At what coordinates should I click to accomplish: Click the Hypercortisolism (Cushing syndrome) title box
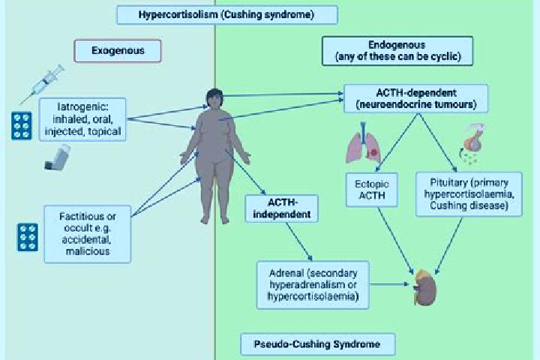coord(227,15)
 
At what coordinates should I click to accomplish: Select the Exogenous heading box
coord(118,51)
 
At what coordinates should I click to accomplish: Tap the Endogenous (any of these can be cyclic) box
coord(397,51)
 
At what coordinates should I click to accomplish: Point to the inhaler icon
coord(58,157)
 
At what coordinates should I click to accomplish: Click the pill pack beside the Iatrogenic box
coord(21,126)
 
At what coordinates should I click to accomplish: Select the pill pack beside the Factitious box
coord(28,237)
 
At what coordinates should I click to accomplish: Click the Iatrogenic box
coord(82,119)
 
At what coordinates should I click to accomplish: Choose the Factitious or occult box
coord(88,234)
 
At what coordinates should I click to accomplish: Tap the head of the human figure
coord(214,98)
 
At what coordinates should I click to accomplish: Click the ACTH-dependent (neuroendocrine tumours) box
coord(416,98)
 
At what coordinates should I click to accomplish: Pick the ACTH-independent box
coord(282,208)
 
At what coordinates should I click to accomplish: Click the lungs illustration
coord(363,143)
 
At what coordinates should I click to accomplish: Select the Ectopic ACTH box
coord(372,190)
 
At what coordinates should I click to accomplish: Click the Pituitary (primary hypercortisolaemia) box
coord(469,194)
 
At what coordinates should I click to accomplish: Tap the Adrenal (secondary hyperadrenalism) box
coord(313,285)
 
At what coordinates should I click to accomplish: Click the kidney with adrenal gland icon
coord(426,288)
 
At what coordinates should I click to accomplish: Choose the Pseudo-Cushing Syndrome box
coord(318,344)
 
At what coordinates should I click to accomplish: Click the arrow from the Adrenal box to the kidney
coord(389,284)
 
